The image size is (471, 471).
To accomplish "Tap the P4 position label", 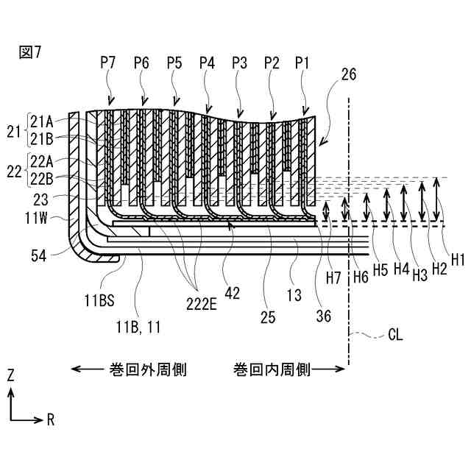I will point(207,64).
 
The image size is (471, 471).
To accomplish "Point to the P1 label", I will point(303,64).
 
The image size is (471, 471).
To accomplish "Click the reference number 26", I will point(350,74).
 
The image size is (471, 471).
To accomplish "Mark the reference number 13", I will point(294,296).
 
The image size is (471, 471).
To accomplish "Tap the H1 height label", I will point(458,259).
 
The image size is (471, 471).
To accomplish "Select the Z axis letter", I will point(10,375).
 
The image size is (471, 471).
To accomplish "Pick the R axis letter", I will point(51,420).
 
